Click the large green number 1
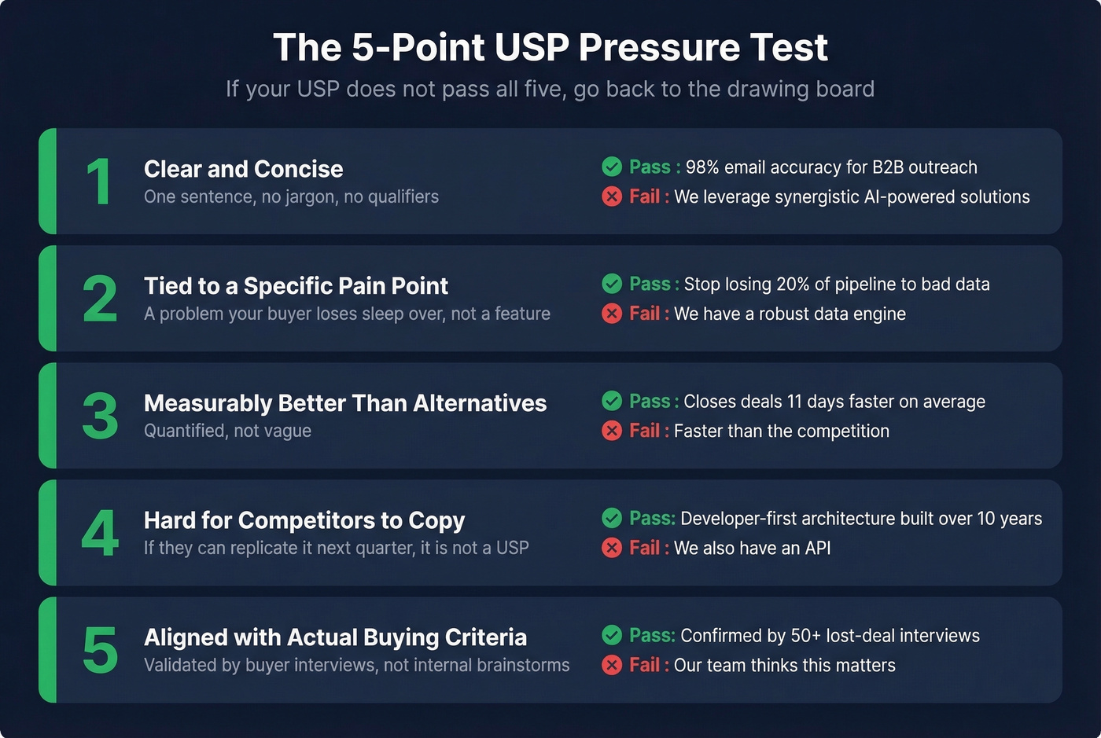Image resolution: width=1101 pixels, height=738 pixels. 98,182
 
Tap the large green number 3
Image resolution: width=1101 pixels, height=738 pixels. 100,416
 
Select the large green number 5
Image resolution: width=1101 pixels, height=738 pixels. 100,650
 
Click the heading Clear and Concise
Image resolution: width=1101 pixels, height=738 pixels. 243,169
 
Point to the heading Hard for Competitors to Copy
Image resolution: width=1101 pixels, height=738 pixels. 304,520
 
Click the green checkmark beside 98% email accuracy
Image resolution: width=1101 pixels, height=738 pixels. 612,167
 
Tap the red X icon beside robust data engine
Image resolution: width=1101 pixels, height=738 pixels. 612,314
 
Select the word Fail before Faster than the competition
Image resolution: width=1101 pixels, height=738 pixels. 644,431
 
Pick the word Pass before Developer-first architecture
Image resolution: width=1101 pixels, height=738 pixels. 651,519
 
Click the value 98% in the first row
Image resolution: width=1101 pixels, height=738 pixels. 702,167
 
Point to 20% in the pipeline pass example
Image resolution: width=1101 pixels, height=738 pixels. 793,285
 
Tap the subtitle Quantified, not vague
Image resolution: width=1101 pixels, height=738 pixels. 227,431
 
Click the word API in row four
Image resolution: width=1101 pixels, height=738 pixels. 817,548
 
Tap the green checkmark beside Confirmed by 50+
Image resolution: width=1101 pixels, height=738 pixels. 612,635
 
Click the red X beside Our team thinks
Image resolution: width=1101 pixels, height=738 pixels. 612,665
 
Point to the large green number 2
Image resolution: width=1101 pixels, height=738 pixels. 100,299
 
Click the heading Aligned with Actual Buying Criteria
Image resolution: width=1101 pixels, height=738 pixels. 335,637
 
